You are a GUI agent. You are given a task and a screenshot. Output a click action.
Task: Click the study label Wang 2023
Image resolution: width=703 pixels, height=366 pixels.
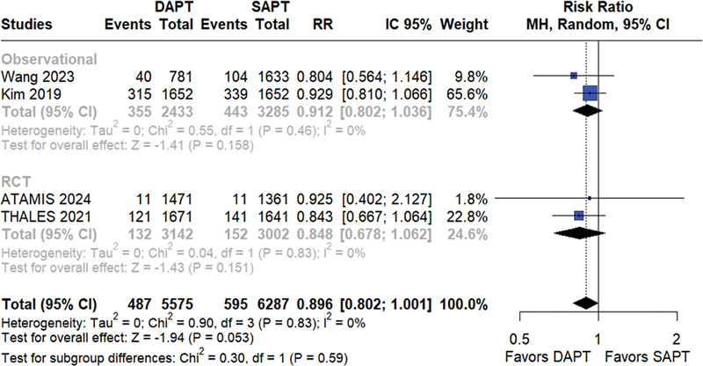37,77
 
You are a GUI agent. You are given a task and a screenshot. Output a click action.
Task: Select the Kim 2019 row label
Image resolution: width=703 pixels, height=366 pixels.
31,94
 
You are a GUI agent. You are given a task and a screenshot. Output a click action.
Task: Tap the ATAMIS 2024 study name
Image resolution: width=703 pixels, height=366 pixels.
46,199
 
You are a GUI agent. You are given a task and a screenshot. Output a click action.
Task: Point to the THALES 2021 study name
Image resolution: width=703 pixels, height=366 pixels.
46,217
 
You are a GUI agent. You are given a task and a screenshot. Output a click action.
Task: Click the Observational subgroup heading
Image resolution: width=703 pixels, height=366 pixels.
49,59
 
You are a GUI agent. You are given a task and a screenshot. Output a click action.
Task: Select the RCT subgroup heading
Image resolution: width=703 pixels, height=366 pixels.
16,181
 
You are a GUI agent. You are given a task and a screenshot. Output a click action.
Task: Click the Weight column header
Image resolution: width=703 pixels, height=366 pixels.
464,25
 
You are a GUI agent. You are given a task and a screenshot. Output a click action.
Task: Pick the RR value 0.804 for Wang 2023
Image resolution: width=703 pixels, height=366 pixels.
315,77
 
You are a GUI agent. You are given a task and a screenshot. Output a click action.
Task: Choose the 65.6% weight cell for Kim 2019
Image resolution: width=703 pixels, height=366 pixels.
467,94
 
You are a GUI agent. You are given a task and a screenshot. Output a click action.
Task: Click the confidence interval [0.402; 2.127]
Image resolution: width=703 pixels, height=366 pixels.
387,199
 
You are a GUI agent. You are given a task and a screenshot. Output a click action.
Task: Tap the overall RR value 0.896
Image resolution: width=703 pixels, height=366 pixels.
315,304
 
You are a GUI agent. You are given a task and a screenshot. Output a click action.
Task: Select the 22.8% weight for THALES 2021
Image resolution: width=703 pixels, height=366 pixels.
467,217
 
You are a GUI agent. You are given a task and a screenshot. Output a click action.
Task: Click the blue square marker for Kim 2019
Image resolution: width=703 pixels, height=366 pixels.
591,93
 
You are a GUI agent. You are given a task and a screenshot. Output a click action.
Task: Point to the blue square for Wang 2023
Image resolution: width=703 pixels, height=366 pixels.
574,76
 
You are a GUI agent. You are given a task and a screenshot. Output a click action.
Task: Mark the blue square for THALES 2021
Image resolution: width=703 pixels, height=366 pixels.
579,216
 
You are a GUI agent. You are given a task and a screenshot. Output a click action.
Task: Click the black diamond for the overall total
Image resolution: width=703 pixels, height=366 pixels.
585,304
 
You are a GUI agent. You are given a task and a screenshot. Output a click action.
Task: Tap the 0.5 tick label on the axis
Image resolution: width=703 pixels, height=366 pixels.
519,339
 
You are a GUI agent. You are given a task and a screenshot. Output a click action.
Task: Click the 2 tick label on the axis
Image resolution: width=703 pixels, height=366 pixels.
677,339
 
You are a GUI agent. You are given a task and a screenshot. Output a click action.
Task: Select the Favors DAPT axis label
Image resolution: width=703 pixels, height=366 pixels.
547,356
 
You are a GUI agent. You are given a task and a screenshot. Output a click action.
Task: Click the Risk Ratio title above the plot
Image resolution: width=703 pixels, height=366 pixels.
598,7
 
